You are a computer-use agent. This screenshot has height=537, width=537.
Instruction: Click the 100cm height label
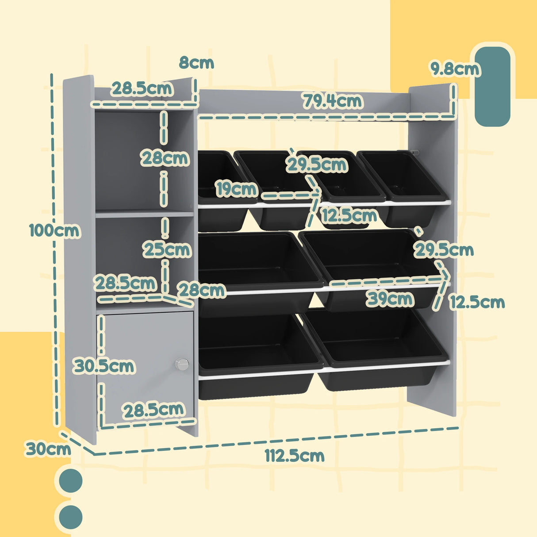54,231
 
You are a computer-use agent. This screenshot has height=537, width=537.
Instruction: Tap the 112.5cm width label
295,455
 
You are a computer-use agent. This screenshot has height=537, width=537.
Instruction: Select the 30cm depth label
48,449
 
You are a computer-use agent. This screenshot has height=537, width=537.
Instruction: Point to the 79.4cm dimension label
332,101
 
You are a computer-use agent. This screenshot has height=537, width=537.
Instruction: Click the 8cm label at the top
196,63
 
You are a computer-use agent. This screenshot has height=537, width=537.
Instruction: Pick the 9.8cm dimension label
455,69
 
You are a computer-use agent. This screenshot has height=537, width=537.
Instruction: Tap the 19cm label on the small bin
236,189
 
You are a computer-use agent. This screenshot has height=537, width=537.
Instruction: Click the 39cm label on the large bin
389,299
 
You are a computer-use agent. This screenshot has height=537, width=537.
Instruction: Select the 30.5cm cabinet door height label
104,366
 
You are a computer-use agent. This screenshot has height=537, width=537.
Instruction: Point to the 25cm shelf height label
167,250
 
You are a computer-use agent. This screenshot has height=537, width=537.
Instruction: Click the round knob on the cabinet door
181,364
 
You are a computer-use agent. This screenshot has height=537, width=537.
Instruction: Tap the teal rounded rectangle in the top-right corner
492,87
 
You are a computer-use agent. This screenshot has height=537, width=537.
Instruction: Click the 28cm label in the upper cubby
165,158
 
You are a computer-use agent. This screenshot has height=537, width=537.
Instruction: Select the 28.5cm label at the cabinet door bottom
153,410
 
